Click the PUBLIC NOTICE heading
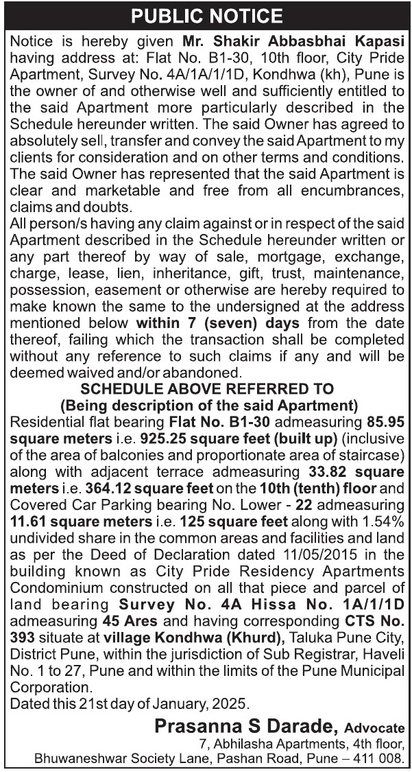[206, 15]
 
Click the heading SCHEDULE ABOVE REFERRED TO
[206, 389]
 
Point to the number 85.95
[386, 419]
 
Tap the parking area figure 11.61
[29, 520]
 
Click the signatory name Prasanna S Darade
[246, 725]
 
